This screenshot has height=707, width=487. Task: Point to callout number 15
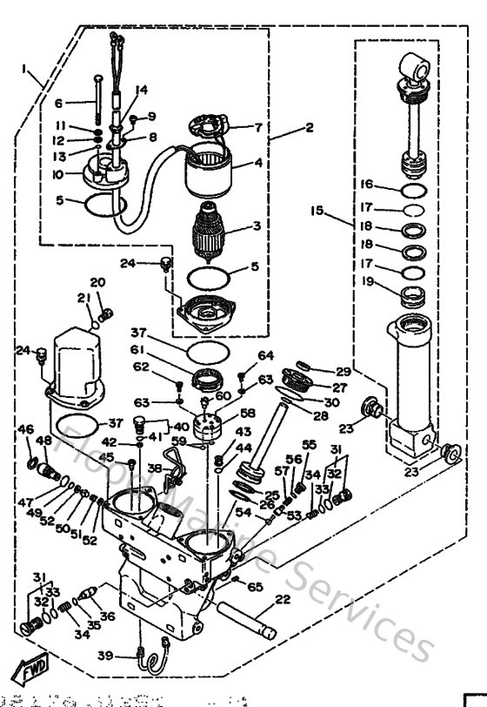pos(317,211)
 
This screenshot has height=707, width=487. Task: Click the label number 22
pos(283,599)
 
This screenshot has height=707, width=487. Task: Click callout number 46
pos(26,428)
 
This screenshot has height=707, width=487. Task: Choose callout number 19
pos(367,281)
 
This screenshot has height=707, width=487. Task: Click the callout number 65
pos(255,588)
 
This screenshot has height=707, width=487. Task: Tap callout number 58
pos(248,413)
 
